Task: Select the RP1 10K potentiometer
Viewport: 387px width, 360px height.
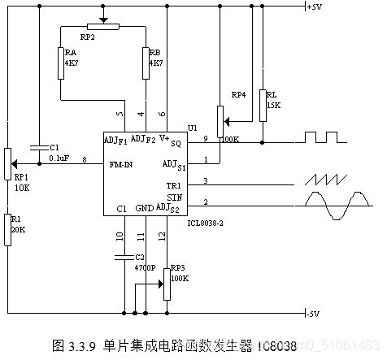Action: point(7,163)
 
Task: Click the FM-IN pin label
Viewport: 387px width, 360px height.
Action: point(123,164)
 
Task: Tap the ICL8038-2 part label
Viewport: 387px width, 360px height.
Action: point(204,222)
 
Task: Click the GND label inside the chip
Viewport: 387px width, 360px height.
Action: point(143,207)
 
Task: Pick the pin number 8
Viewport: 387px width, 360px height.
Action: point(84,159)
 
